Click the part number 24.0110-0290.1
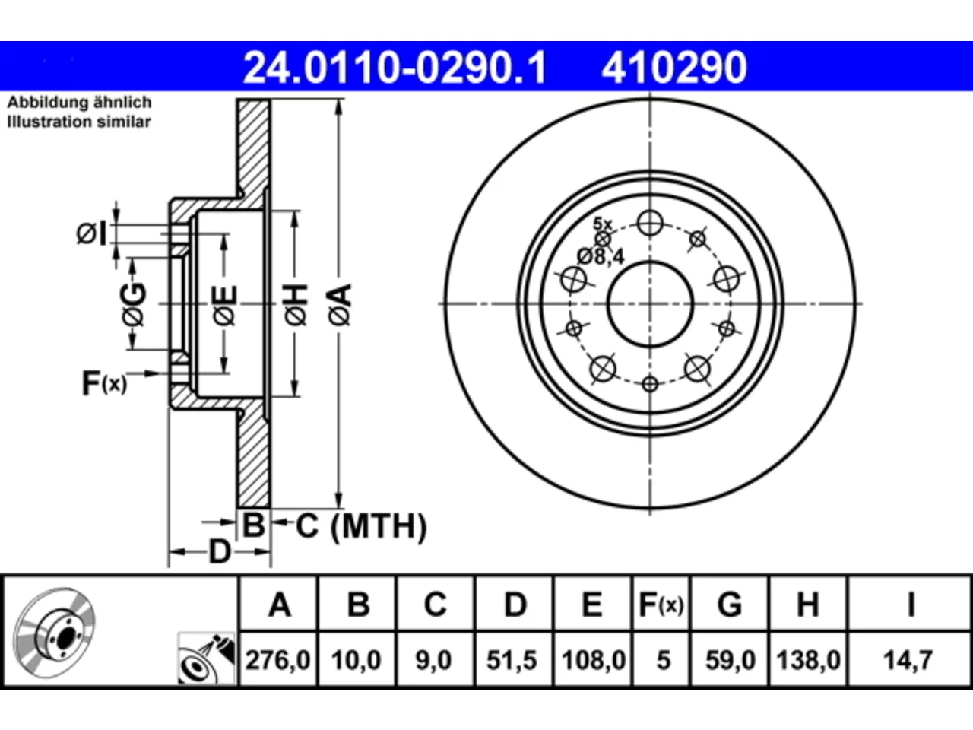click(x=395, y=68)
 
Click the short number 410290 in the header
click(x=673, y=68)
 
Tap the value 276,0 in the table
click(x=278, y=660)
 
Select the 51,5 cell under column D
click(x=513, y=660)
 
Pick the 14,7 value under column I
click(x=908, y=660)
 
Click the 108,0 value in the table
click(x=594, y=660)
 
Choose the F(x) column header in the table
click(x=661, y=605)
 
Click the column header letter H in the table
click(x=807, y=605)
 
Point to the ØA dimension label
click(x=340, y=305)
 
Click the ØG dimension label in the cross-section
click(x=135, y=304)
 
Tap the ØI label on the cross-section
click(x=92, y=234)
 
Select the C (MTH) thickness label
click(x=361, y=526)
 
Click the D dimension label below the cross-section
click(x=220, y=552)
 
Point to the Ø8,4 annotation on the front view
click(x=601, y=256)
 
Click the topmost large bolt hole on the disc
click(x=650, y=223)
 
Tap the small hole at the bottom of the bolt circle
click(x=650, y=384)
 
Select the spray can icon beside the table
click(x=207, y=659)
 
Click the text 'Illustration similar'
click(x=79, y=122)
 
